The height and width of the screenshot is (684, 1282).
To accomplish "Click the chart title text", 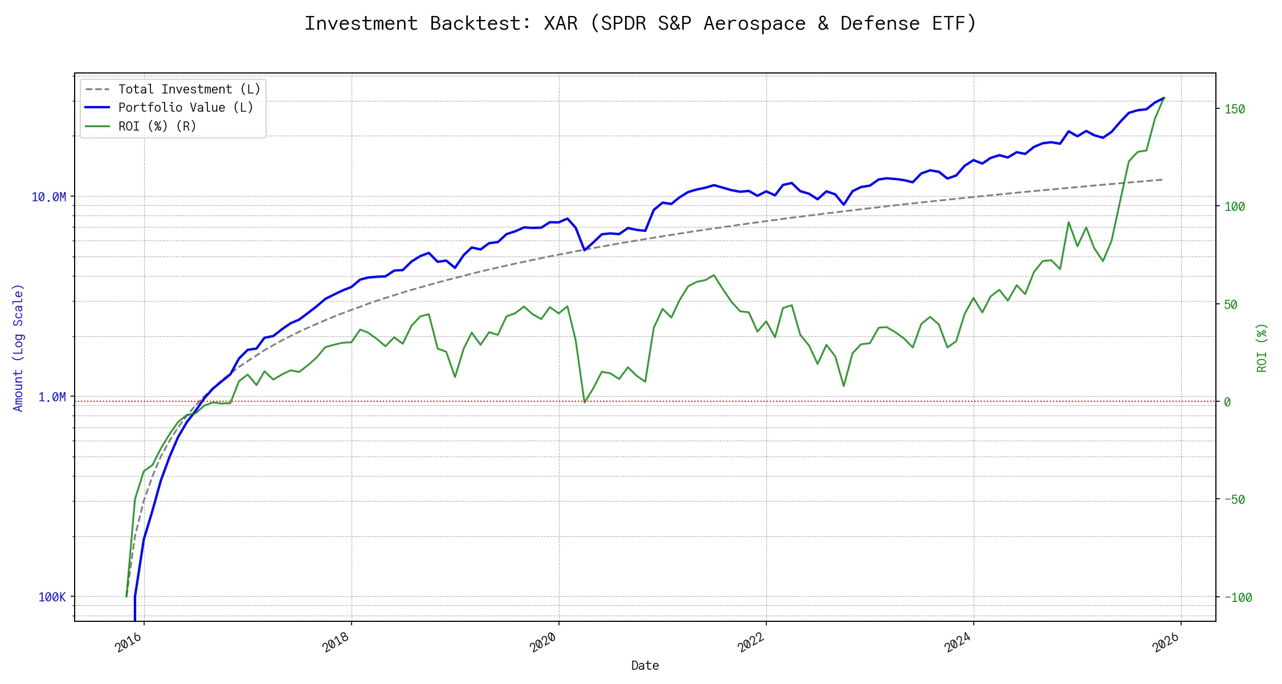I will [x=640, y=23].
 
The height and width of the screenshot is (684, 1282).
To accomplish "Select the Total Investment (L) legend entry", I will [x=189, y=89].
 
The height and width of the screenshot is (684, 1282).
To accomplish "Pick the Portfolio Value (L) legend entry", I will [x=186, y=108].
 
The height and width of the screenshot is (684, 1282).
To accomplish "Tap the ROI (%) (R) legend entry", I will [x=157, y=127].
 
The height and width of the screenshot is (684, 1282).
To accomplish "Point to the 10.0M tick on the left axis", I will [x=48, y=197].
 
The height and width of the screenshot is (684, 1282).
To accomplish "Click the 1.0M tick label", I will [x=52, y=397].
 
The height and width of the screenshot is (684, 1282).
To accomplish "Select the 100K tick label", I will [x=52, y=597].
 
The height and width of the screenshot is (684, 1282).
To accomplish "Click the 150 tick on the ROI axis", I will [x=1235, y=109].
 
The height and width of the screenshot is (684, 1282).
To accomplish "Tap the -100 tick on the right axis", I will [x=1238, y=598].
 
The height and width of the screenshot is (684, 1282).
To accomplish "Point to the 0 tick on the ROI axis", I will [x=1227, y=402].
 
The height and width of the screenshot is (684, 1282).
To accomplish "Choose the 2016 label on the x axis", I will [x=129, y=642].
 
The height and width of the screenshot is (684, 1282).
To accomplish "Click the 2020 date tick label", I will [x=544, y=642].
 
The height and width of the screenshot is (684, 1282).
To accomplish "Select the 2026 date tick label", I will [x=1166, y=642].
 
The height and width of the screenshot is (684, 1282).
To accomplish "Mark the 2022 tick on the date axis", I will [x=751, y=642].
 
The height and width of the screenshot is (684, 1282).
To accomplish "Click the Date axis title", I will [x=645, y=666].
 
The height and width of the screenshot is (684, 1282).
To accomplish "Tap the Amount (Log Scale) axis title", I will [x=18, y=348].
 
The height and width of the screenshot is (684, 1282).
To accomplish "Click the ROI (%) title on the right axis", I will [x=1262, y=348].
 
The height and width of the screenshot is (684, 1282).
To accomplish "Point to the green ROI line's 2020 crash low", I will [x=585, y=402].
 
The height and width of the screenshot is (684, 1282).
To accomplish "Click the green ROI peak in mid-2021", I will [x=714, y=275].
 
